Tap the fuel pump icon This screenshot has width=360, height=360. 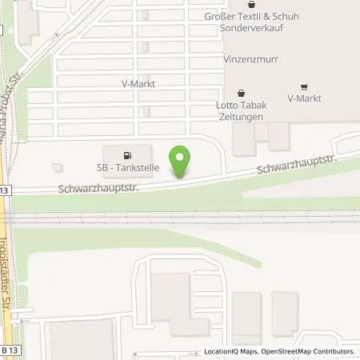(126, 155)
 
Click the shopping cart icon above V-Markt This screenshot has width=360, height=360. (304, 86)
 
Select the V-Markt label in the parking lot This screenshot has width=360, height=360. (137, 83)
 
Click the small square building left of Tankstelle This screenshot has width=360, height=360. (56, 166)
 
